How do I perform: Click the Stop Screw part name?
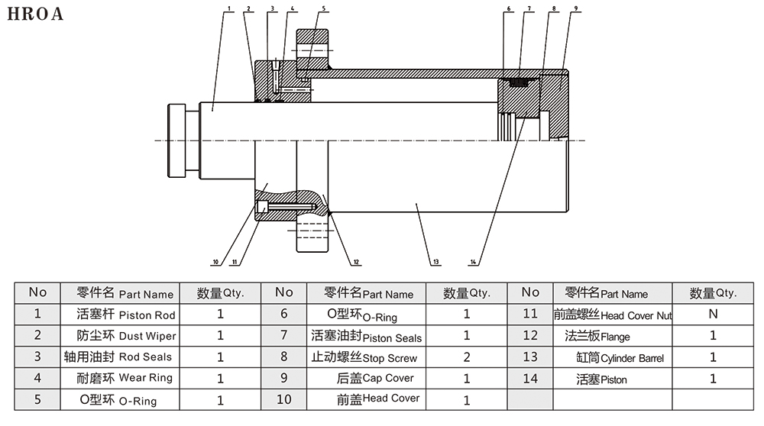coord(365,357)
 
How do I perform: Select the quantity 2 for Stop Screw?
coord(467,357)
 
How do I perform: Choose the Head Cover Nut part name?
coord(613,315)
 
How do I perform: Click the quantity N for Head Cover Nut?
coord(713,313)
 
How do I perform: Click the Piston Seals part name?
coord(367,337)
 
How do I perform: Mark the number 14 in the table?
coord(530,378)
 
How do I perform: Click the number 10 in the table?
coord(284,399)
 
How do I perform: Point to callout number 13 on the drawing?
coord(435,263)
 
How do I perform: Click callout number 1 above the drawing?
coord(228,8)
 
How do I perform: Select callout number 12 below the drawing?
coord(356,263)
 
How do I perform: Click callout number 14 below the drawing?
coord(474,263)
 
